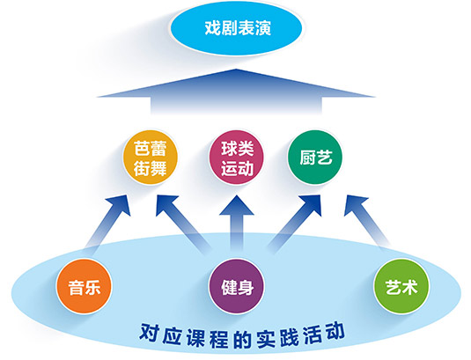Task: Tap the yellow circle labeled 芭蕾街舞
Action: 151,158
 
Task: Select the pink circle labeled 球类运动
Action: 237,158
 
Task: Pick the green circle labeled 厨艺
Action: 315,158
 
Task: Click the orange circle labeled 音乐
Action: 84,286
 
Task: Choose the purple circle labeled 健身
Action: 237,286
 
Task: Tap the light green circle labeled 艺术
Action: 401,286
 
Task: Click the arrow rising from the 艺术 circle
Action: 366,221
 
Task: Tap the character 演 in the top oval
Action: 263,28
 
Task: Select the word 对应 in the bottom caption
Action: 160,334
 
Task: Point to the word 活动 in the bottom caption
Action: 324,333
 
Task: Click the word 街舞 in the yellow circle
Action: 151,168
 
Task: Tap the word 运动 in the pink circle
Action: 237,168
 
